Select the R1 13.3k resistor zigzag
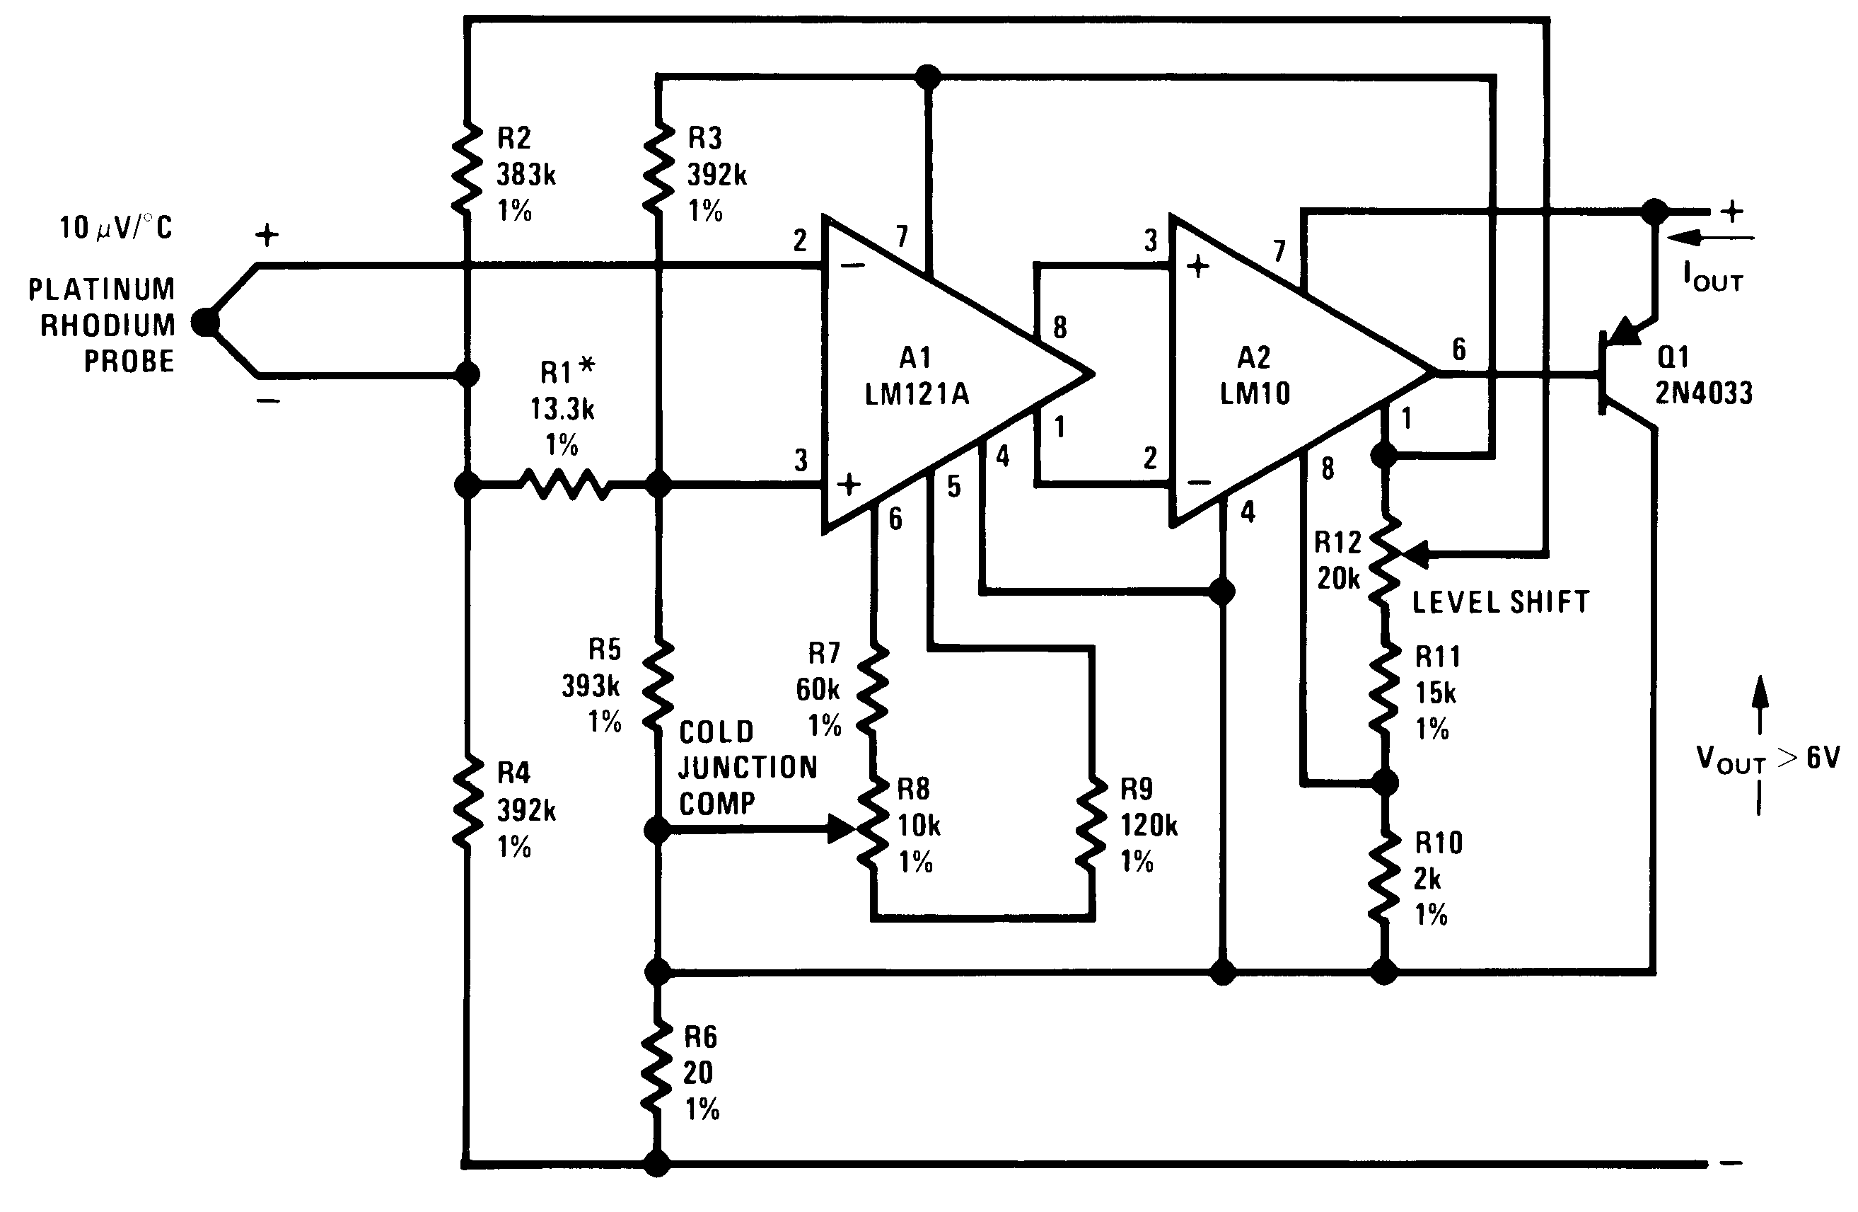pos(566,485)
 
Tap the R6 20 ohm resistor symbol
pos(657,1068)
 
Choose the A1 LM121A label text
pos(917,376)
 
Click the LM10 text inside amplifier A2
pos(1255,393)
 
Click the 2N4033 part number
pos(1705,393)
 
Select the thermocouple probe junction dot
pos(205,322)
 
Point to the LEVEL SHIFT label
pos(1500,602)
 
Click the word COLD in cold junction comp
pos(716,732)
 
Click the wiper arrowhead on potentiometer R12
pos(1415,555)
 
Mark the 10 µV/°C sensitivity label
pos(115,228)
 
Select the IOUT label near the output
pos(1712,278)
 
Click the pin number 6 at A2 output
pos(1458,349)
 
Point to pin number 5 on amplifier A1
pos(953,487)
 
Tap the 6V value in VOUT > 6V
pos(1823,758)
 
